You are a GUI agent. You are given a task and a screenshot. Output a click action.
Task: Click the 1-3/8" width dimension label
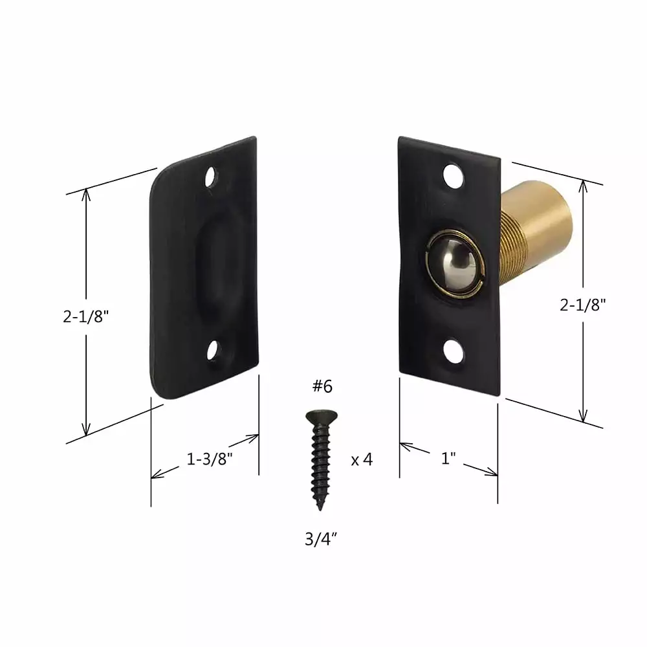(x=209, y=459)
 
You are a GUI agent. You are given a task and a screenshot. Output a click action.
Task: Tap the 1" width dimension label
(x=448, y=458)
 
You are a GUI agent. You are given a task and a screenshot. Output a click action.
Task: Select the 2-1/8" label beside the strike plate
(x=86, y=316)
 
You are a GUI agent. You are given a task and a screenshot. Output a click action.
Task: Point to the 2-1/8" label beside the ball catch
(x=583, y=305)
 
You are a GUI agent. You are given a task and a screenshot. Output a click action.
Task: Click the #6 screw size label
(x=322, y=386)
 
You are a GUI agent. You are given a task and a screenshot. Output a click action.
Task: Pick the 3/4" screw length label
(x=321, y=539)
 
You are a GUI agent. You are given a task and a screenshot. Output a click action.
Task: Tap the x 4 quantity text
(x=362, y=459)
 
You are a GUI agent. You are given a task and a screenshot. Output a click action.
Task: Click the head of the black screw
(x=322, y=416)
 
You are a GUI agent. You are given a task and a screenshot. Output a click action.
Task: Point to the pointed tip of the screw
(x=320, y=509)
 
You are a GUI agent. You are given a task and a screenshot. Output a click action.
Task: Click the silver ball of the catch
(x=452, y=263)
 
